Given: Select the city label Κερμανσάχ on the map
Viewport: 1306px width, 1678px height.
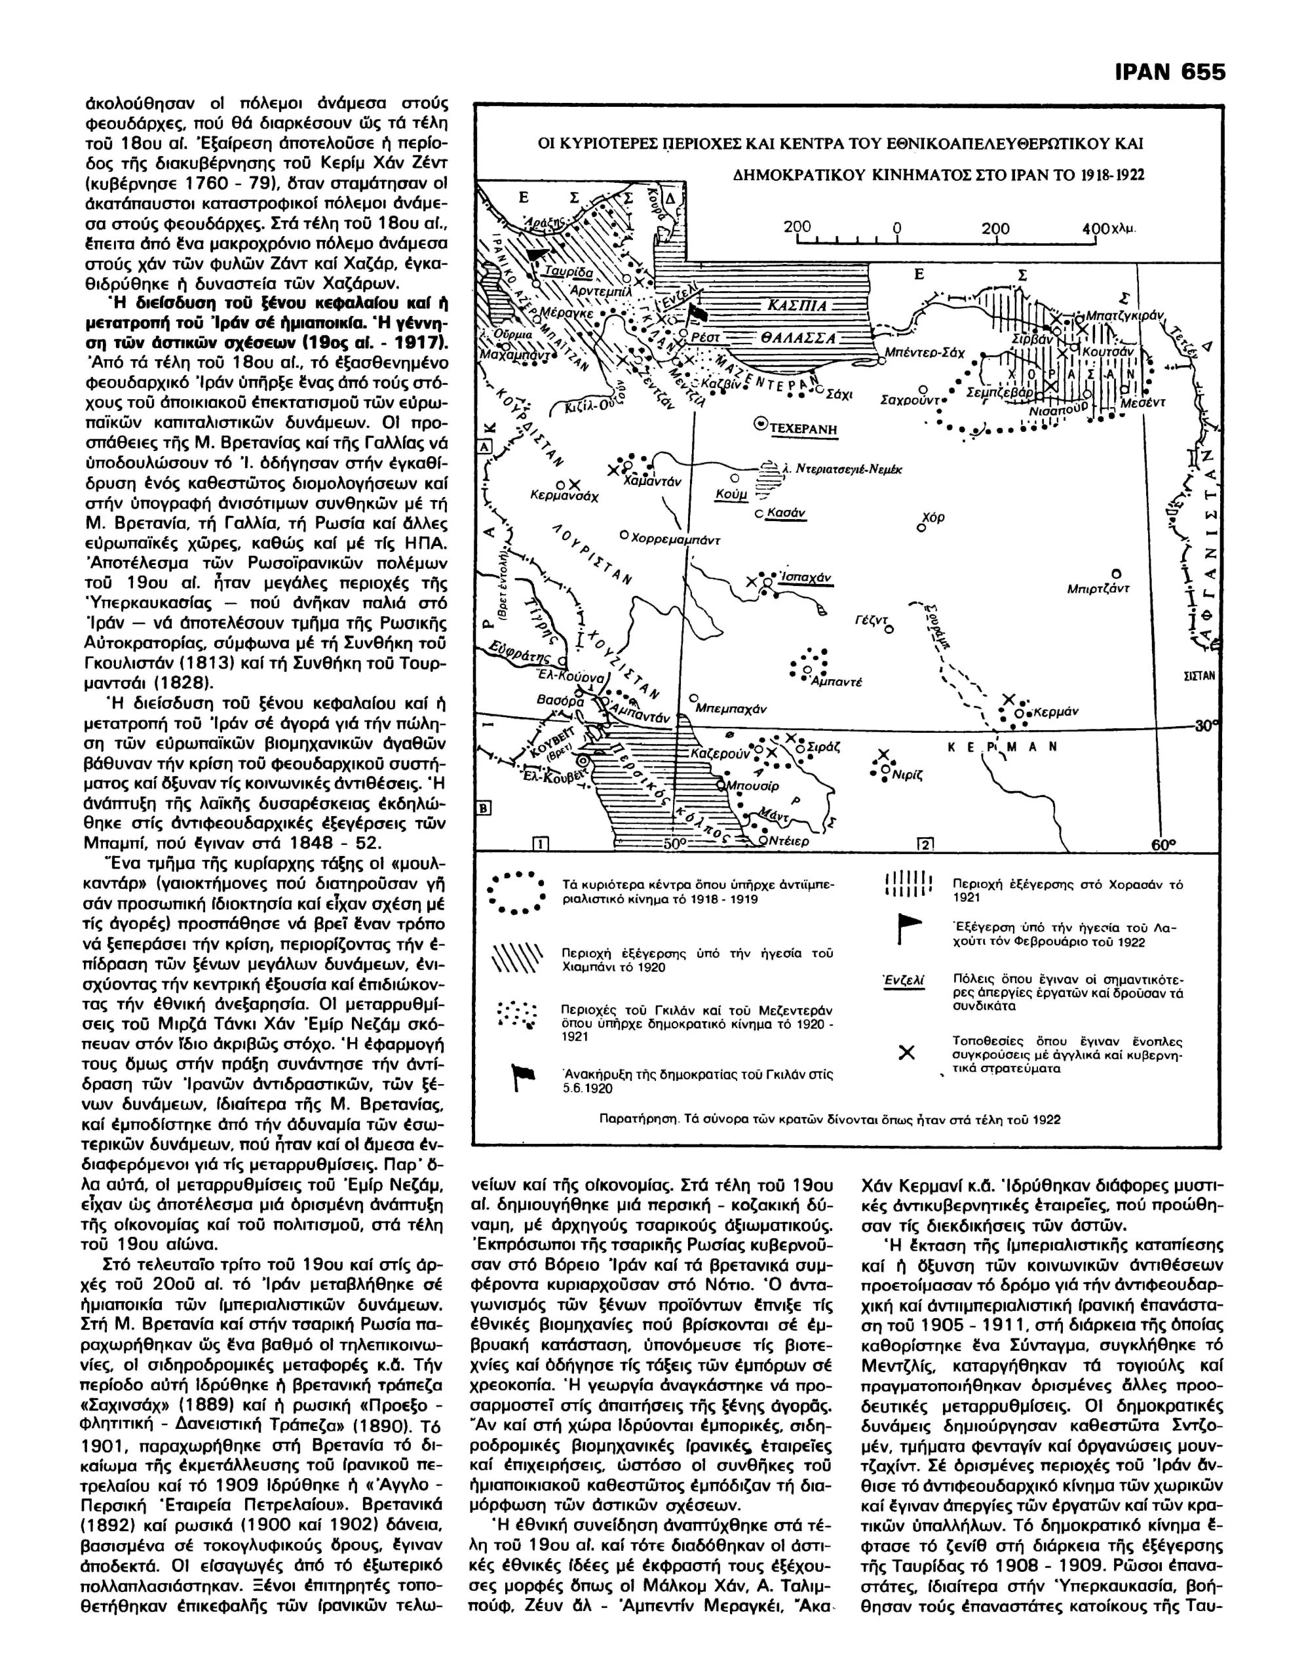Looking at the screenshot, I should pyautogui.click(x=565, y=496).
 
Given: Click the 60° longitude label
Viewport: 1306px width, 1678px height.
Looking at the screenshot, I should pyautogui.click(x=1163, y=844).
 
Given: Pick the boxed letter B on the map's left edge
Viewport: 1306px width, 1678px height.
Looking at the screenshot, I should pyautogui.click(x=485, y=808).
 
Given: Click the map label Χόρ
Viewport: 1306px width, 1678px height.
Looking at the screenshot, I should pyautogui.click(x=933, y=518).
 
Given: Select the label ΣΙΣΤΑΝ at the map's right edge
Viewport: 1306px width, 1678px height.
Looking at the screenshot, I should pyautogui.click(x=1203, y=676).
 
